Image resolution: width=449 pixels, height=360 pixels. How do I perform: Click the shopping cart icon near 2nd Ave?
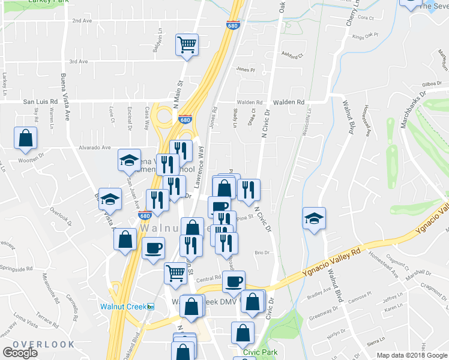[187, 44]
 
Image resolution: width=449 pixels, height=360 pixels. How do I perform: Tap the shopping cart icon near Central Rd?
[175, 272]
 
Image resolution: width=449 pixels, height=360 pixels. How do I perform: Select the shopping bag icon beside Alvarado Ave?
[26, 137]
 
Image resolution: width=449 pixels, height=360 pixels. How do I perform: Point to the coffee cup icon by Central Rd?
[234, 280]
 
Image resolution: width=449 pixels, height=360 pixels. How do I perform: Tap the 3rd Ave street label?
[78, 61]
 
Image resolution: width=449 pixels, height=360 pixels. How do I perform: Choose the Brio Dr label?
[262, 253]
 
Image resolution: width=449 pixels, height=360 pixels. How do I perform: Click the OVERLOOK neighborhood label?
[43, 344]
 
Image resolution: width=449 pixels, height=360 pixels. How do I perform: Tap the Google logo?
[20, 353]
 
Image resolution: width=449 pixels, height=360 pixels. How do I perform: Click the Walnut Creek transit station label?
[123, 306]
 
